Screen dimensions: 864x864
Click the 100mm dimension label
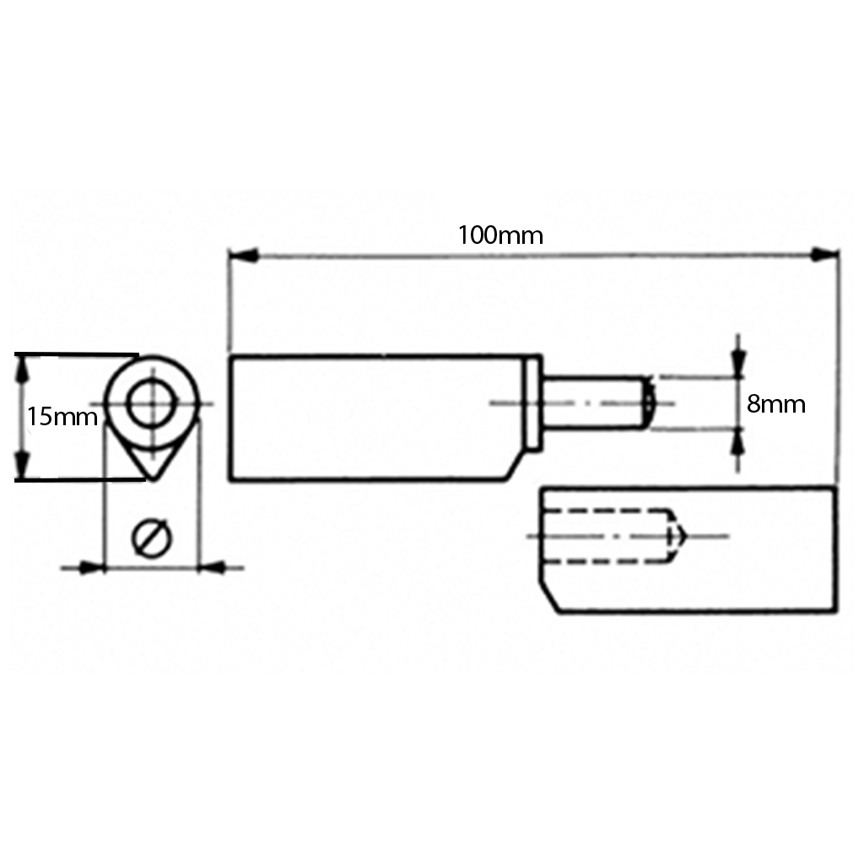[x=500, y=235]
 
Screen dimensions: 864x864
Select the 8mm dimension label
[x=775, y=405]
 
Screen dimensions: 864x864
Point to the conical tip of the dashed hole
[x=678, y=537]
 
